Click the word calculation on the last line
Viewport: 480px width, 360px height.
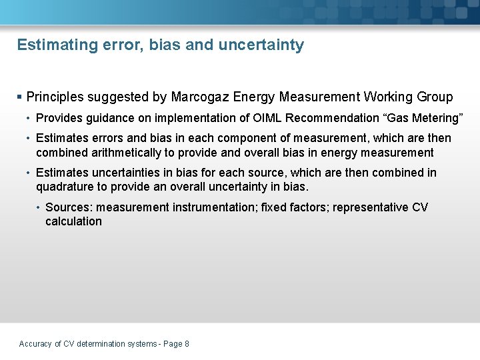73,221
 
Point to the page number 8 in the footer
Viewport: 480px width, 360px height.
187,344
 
